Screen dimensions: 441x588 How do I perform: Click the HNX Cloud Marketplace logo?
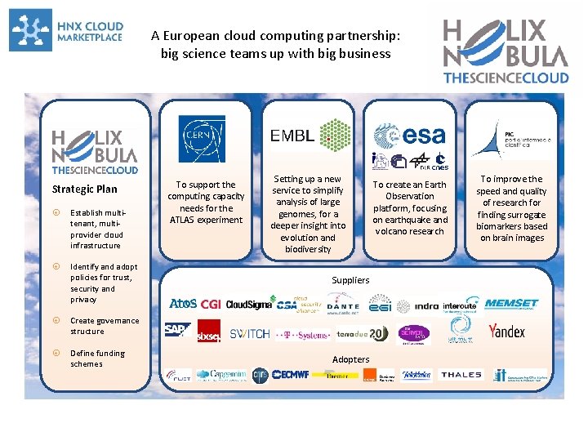tap(66, 30)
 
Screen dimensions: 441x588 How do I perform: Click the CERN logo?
tap(202, 134)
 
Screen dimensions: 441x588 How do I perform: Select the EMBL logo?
tap(310, 136)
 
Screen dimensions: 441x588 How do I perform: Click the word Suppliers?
tap(350, 280)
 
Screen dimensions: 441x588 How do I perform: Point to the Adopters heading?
tap(350, 359)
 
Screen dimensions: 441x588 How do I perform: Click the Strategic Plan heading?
tap(84, 189)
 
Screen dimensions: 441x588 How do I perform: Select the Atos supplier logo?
tap(182, 305)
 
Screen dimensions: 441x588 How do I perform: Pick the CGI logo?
tap(211, 305)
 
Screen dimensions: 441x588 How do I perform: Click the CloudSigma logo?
tap(248, 305)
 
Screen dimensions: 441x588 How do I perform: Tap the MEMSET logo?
tap(511, 304)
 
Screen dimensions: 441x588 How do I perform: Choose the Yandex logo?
tap(507, 331)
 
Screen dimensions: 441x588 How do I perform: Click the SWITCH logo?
tap(249, 333)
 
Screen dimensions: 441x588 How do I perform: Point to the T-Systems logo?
tap(302, 334)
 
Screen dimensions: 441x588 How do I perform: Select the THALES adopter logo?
tap(461, 375)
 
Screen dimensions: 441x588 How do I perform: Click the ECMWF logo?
tap(290, 376)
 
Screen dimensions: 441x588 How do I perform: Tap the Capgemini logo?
tap(220, 375)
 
